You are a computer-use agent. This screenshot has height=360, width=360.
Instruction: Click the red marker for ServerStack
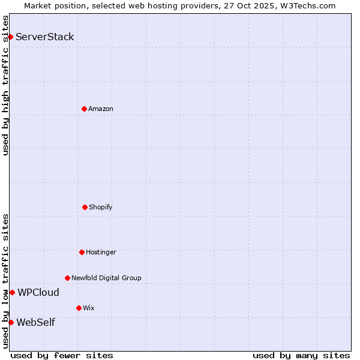10,37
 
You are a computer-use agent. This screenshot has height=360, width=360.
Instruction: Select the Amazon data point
84,109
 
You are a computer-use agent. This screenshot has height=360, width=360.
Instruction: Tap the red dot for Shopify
85,207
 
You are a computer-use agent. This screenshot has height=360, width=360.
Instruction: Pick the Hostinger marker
82,252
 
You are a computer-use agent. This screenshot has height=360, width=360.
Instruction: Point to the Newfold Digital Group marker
67,278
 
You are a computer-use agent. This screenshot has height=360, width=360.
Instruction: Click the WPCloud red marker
12,292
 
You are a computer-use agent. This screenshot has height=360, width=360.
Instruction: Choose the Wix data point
79,308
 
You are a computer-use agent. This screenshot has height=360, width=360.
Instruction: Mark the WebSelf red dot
11,322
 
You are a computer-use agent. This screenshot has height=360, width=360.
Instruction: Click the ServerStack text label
45,37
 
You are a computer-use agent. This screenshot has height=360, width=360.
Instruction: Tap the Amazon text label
101,109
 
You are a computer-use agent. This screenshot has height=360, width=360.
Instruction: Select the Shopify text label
101,207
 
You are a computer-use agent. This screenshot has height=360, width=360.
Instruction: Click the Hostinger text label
101,252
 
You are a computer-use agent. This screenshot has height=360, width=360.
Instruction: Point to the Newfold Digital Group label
106,278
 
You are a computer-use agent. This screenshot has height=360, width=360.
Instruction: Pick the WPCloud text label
38,293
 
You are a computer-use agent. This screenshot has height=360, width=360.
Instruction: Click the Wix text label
89,308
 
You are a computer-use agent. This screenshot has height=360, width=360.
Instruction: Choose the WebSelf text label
35,323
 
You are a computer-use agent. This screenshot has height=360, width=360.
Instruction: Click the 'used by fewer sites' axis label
62,356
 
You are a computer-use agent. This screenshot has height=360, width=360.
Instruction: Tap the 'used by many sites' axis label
301,356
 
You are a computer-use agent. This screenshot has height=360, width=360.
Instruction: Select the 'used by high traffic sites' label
5,85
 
